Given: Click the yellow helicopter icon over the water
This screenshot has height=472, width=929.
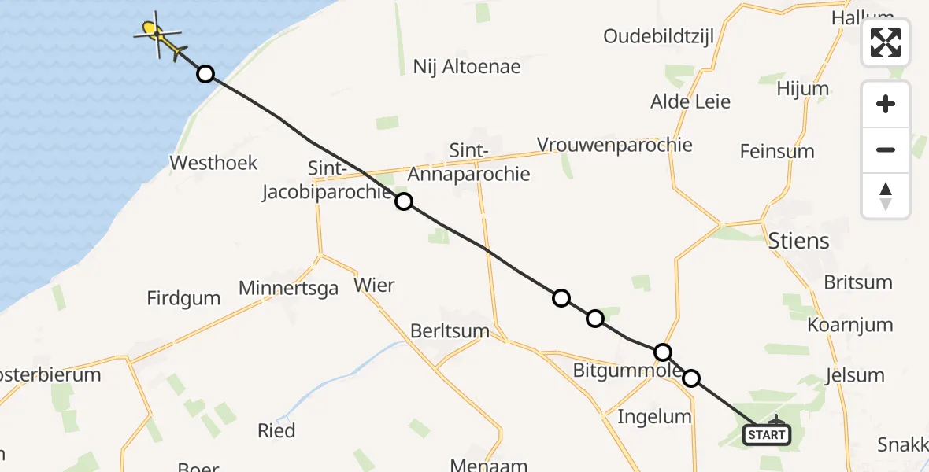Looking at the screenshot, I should pyautogui.click(x=157, y=35).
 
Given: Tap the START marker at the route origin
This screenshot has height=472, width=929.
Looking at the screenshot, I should pyautogui.click(x=766, y=434).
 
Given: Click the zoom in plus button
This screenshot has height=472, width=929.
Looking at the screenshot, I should pyautogui.click(x=886, y=104).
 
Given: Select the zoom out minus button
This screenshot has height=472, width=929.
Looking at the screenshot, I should pyautogui.click(x=886, y=149).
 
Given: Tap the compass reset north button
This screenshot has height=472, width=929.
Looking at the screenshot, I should pyautogui.click(x=886, y=196).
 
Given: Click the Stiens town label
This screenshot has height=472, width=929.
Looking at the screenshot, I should pyautogui.click(x=798, y=241).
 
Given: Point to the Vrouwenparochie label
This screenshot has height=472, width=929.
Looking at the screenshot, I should pyautogui.click(x=614, y=145).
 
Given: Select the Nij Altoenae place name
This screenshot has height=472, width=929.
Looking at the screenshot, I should pyautogui.click(x=467, y=67).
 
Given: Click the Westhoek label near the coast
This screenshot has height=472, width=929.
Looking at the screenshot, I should pyautogui.click(x=214, y=163).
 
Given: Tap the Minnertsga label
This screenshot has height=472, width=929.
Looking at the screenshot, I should pyautogui.click(x=288, y=288).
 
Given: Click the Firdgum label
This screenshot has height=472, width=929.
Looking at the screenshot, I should pyautogui.click(x=183, y=298).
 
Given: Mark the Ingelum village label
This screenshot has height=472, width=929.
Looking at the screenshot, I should pyautogui.click(x=654, y=416).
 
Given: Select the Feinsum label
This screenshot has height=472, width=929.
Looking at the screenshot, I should pyautogui.click(x=777, y=151).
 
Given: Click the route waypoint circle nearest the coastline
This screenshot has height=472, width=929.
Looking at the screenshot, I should pyautogui.click(x=205, y=74).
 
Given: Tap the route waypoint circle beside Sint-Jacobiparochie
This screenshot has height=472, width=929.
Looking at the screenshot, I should pyautogui.click(x=403, y=201).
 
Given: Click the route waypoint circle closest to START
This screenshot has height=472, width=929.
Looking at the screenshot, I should pyautogui.click(x=690, y=378).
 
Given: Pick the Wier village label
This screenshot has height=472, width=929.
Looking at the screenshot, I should pyautogui.click(x=374, y=285).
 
